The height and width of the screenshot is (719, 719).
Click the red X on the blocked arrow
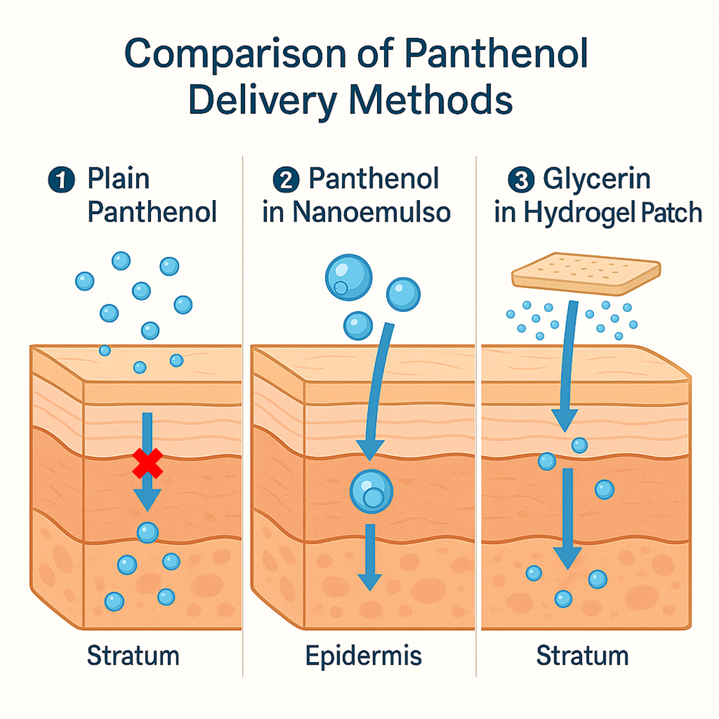147,463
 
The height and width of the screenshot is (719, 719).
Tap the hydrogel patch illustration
585,274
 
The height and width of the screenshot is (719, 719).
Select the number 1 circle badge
61,180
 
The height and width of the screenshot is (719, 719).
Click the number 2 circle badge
286,180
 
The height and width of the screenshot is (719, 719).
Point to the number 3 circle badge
521,180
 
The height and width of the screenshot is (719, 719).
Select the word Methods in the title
431,100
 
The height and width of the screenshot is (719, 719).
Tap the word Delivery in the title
263,100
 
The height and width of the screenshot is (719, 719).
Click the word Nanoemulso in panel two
371,213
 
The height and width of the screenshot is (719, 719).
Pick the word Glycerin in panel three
596,179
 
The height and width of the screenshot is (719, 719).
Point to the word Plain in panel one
118,179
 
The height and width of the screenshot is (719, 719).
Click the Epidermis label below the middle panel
363,656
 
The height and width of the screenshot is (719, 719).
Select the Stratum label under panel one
133,656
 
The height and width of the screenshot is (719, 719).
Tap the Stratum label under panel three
582,656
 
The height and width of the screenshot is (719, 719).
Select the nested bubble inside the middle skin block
371,491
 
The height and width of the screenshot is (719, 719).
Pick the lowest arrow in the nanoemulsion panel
369,556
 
